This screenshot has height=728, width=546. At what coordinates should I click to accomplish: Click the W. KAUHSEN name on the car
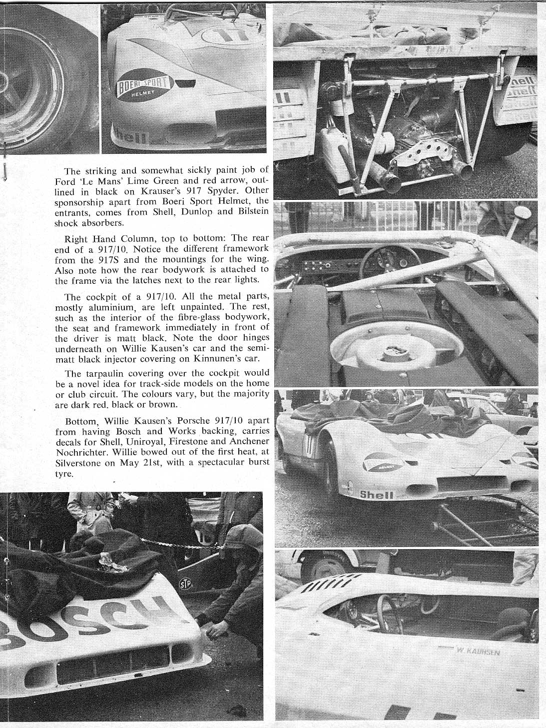477,651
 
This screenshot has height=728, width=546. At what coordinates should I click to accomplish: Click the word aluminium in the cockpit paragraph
106,307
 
